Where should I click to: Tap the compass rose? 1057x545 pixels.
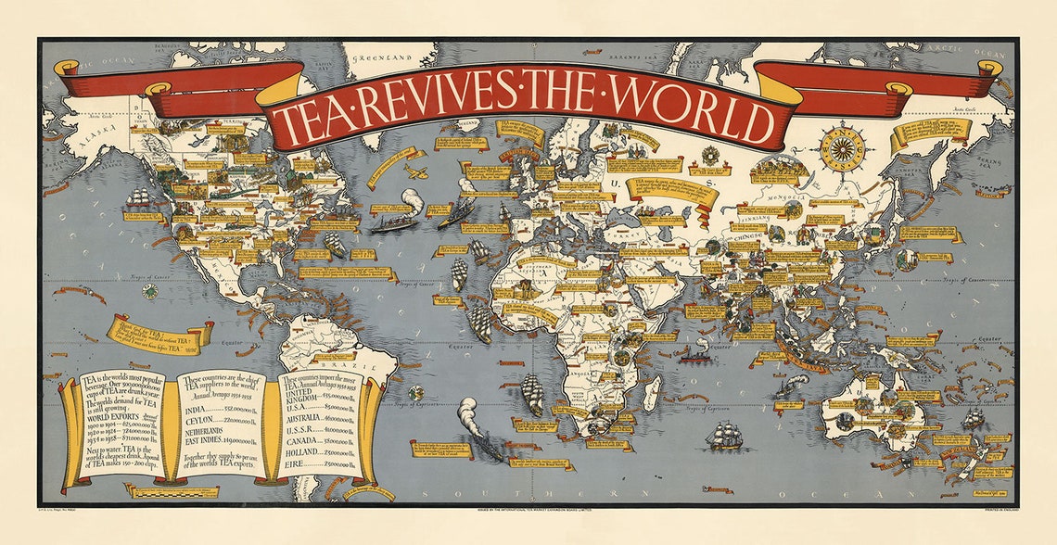[841, 146]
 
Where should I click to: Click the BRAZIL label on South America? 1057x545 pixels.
[367, 367]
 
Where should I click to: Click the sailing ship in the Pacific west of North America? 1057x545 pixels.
[139, 198]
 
